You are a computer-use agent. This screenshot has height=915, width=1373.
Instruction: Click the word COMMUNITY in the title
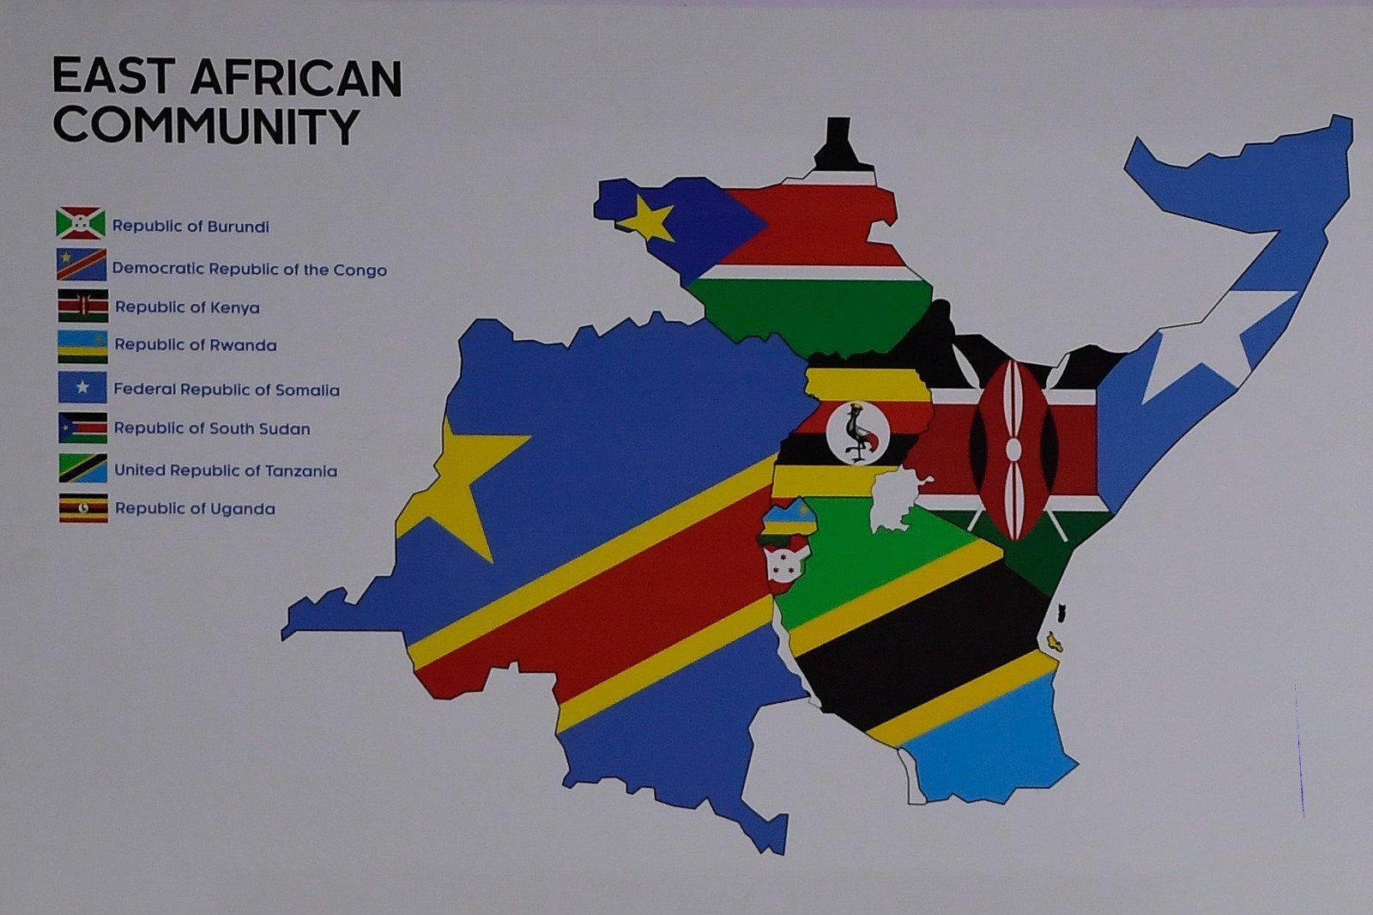[206, 126]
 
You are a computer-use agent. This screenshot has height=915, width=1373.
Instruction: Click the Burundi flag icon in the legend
[81, 223]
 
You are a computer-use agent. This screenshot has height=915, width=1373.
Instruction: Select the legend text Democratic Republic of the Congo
[249, 270]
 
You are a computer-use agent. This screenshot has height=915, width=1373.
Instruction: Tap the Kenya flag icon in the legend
[83, 305]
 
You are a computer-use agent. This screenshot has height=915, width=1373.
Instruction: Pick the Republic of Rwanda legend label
[196, 345]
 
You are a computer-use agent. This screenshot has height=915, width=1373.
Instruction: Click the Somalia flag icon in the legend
[82, 387]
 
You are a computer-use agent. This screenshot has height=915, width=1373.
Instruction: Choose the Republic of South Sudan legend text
[212, 428]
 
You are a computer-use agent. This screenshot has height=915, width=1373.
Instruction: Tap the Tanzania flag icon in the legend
[82, 469]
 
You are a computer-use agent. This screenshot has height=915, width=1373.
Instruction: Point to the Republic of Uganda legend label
[195, 509]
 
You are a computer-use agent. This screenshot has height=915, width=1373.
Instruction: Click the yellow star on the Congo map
[463, 481]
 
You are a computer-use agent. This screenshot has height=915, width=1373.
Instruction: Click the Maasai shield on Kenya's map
[1013, 450]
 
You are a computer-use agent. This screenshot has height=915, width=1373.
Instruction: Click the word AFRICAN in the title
[296, 78]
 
